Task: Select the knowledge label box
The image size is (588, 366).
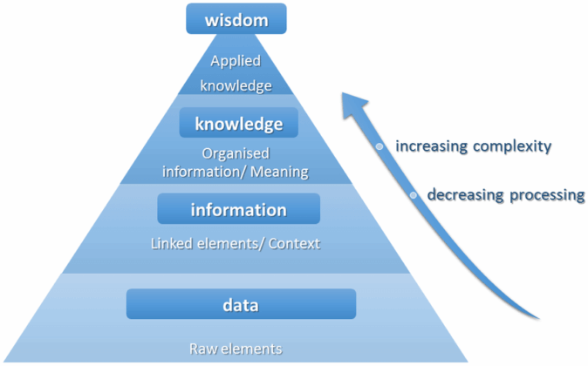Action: coord(238,124)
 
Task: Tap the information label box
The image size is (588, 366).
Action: coord(238,210)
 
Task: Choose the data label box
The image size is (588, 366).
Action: coord(241,304)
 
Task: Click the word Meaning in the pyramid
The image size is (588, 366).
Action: coord(279,172)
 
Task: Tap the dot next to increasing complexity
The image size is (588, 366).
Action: coord(379,146)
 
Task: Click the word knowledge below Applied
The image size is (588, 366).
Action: coord(236,85)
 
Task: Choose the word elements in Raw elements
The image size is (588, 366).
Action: coord(254,349)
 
